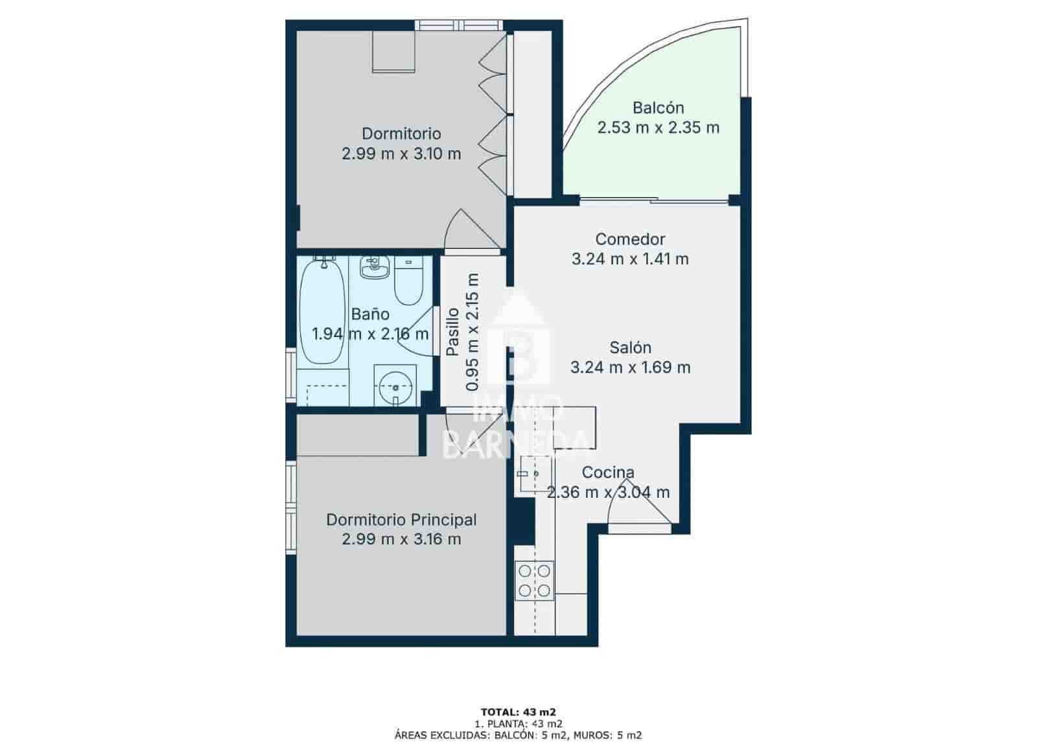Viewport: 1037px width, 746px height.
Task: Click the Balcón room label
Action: [658, 108]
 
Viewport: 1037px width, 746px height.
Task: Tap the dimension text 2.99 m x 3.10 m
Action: [401, 154]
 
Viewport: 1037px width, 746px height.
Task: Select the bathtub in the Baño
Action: [322, 310]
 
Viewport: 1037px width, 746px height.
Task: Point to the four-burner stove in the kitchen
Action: [534, 581]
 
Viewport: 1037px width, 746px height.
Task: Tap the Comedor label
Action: [630, 239]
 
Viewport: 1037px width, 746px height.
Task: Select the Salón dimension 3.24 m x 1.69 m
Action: [630, 368]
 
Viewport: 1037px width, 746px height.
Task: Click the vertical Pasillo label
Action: [452, 331]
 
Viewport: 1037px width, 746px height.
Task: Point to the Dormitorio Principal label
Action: [401, 520]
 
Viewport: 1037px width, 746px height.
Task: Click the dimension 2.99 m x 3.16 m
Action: [401, 539]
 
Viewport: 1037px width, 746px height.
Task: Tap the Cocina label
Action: [607, 472]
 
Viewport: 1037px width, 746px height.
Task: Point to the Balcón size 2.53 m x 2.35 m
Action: [658, 128]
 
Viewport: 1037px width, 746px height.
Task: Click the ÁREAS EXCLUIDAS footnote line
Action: [518, 736]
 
